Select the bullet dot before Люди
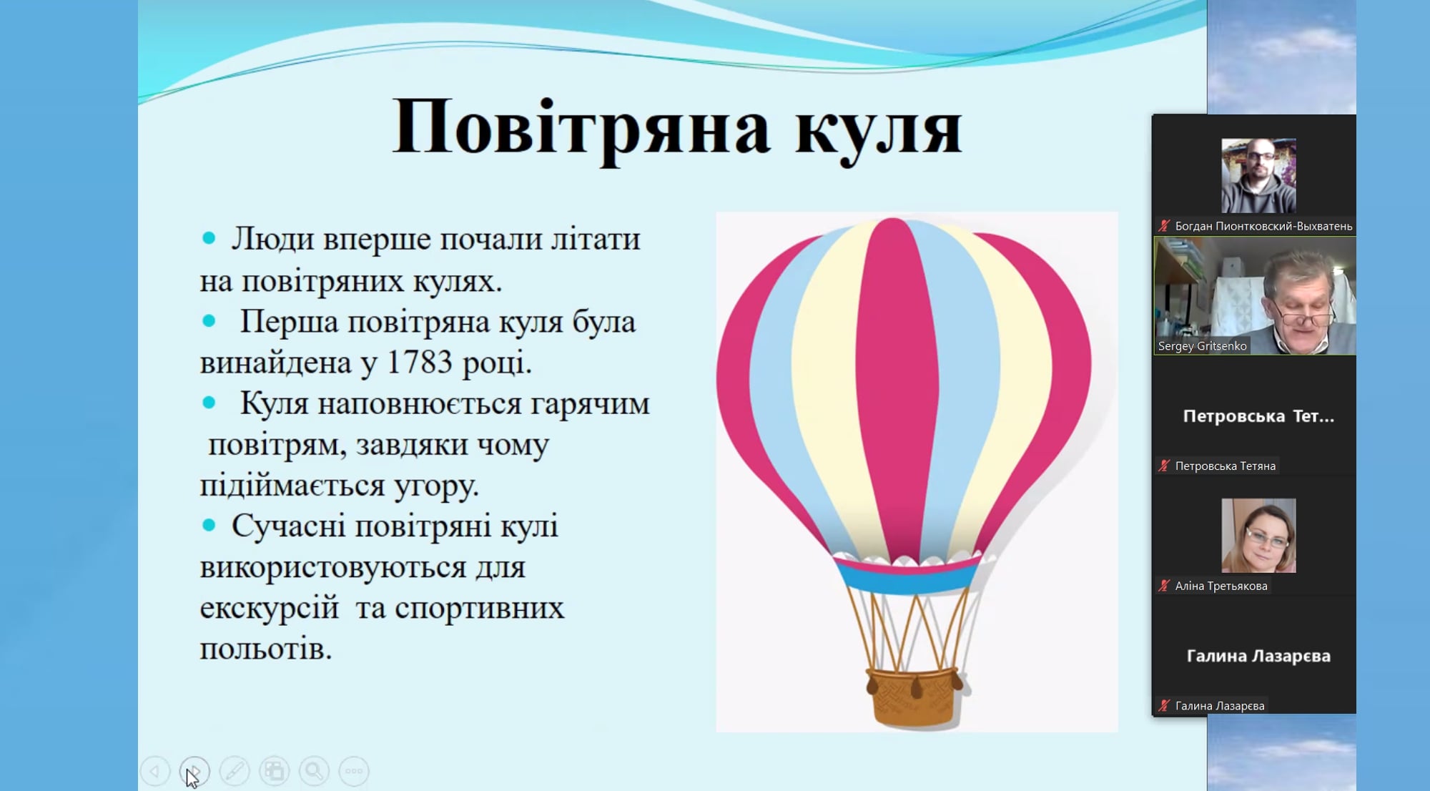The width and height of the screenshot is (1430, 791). pyautogui.click(x=209, y=239)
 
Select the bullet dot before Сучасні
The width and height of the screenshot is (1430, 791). pyautogui.click(x=209, y=526)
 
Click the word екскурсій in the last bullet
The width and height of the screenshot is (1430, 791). pyautogui.click(x=269, y=609)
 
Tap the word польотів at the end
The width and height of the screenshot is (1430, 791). pyautogui.click(x=265, y=649)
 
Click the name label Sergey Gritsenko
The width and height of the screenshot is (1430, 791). pyautogui.click(x=1202, y=346)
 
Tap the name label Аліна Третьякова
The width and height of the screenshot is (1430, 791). pyautogui.click(x=1221, y=586)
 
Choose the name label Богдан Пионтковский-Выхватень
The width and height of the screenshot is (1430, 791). pyautogui.click(x=1263, y=226)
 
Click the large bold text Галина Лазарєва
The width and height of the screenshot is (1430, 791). pyautogui.click(x=1258, y=656)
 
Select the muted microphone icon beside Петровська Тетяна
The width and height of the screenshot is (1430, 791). pyautogui.click(x=1164, y=466)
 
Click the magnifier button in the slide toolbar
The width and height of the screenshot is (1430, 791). pyautogui.click(x=314, y=771)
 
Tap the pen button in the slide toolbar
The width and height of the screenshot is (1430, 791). pyautogui.click(x=235, y=771)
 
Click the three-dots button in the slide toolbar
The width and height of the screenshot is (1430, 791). pyautogui.click(x=354, y=771)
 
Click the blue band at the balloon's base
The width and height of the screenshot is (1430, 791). pyautogui.click(x=908, y=578)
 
